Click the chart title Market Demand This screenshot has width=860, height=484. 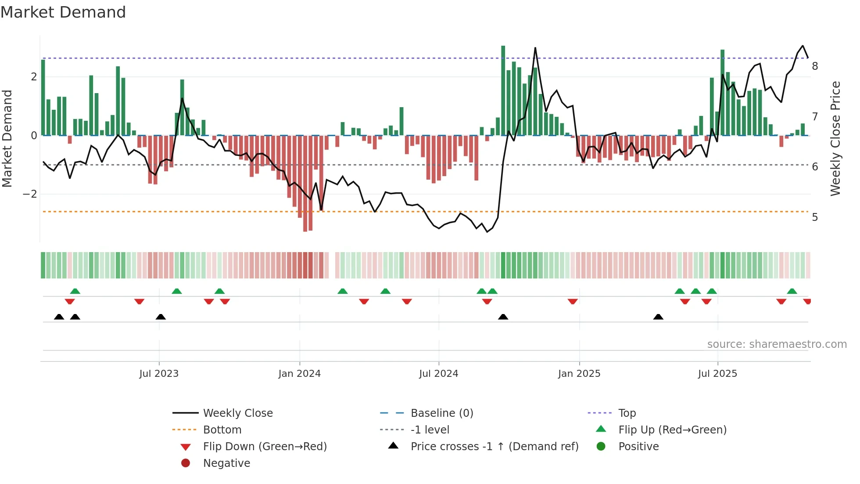tap(63, 12)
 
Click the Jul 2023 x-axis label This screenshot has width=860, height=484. tap(159, 374)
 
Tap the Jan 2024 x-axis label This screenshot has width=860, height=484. tap(299, 374)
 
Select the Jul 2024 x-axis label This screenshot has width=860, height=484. tap(438, 374)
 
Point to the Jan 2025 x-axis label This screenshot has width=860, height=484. tap(579, 374)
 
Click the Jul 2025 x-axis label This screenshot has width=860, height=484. tap(717, 374)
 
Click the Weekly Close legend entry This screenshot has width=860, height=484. tap(237, 413)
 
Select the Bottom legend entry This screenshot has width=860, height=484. tap(222, 430)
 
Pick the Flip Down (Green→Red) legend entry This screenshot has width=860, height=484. tap(265, 447)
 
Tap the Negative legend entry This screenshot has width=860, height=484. tap(226, 463)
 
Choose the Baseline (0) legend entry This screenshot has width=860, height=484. tap(441, 413)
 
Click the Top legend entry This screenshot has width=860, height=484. tap(627, 413)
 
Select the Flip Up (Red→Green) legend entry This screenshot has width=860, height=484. tap(672, 430)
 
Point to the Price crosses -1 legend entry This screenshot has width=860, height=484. tap(494, 447)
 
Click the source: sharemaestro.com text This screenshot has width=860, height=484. tap(777, 344)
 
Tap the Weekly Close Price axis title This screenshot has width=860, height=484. tap(835, 138)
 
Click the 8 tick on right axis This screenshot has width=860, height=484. tap(815, 66)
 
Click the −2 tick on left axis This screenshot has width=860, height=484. tap(30, 194)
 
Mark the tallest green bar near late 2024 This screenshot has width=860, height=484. tap(503, 90)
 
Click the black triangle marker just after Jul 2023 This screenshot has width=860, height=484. tap(161, 317)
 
